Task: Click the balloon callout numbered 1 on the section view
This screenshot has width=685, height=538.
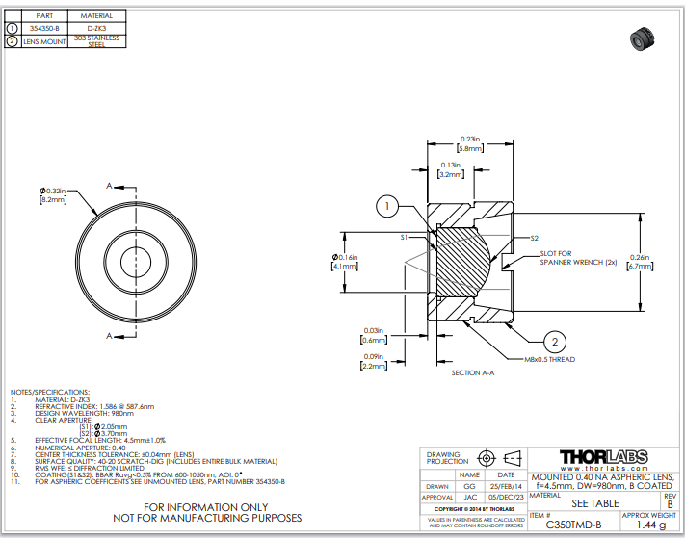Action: [386, 206]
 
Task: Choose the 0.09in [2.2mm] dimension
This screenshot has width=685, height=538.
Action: [372, 362]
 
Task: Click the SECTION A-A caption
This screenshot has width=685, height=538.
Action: [472, 372]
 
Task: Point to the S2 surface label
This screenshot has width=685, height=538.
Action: [534, 238]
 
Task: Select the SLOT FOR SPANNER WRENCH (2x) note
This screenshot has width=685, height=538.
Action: [569, 258]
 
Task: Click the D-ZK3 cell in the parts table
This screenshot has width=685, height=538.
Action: [96, 28]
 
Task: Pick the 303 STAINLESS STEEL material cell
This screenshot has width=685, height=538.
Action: [96, 41]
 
